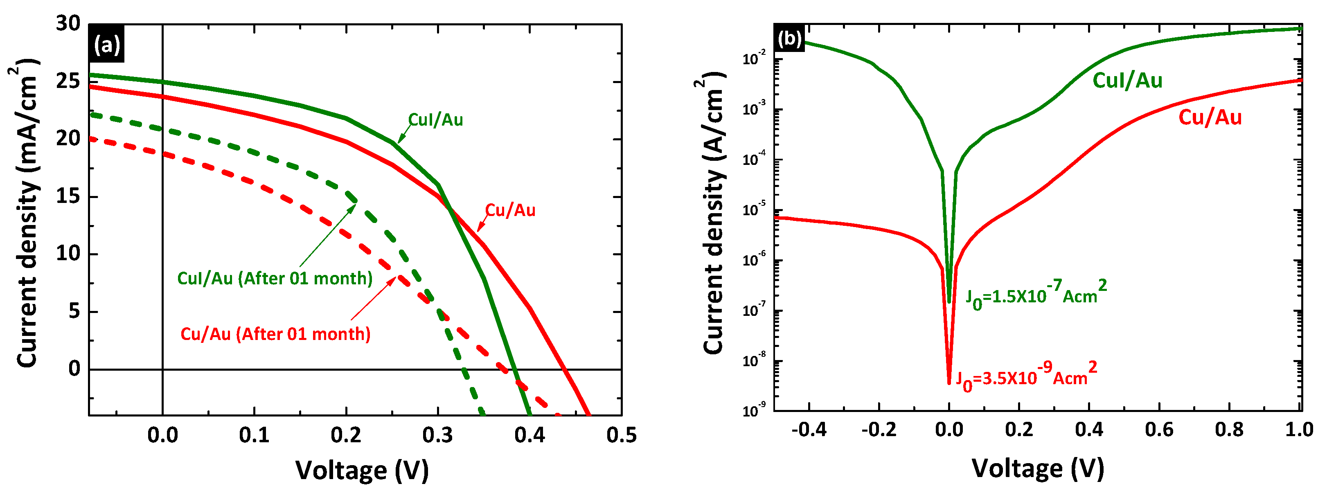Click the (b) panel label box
(789, 38)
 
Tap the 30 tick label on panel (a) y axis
(68, 24)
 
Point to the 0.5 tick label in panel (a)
(621, 435)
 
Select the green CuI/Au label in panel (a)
(435, 120)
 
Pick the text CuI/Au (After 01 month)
(275, 279)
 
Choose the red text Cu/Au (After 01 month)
(275, 334)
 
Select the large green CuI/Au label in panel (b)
(1127, 81)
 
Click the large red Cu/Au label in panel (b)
(1210, 118)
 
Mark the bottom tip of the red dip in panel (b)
(949, 382)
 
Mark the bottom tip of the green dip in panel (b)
(949, 302)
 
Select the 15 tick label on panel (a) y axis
(68, 196)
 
